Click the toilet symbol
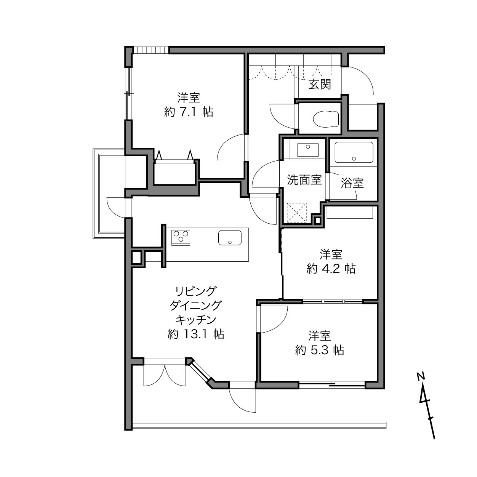point(325,119)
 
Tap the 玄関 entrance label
point(320,85)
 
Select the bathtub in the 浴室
point(354,152)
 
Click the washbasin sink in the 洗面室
point(308,150)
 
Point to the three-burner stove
point(181,238)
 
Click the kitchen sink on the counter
point(230,238)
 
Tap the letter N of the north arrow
point(421,376)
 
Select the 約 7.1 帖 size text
point(188,112)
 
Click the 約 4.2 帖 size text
point(331,269)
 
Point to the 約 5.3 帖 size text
point(320,350)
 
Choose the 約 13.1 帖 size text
point(195,334)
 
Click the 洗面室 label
point(304,180)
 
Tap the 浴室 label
point(352,183)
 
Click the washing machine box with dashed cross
point(296,212)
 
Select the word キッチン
point(195,320)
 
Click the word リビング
point(195,291)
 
